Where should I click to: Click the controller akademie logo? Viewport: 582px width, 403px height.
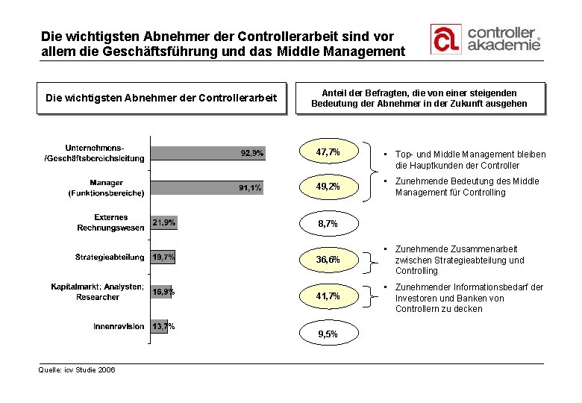tap(484, 39)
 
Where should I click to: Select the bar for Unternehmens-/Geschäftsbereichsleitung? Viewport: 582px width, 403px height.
tap(208, 152)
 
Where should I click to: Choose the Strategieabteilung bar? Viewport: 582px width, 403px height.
tap(163, 257)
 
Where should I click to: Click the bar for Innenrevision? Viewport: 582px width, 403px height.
tap(160, 326)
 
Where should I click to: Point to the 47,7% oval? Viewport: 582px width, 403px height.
tap(328, 152)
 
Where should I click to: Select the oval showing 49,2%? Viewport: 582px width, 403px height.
tap(328, 187)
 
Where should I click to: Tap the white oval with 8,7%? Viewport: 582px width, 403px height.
tap(328, 222)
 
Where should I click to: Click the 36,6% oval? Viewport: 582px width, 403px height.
tap(328, 260)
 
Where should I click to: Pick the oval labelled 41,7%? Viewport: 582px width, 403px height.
tap(328, 296)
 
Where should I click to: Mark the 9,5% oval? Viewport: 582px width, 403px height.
tap(328, 334)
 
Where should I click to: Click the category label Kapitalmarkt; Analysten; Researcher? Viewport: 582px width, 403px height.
tap(97, 292)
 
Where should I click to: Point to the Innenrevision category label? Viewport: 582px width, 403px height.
tap(119, 326)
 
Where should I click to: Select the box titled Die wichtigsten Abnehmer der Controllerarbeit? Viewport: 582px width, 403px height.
tap(161, 98)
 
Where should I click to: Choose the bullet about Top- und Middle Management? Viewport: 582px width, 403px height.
tap(470, 160)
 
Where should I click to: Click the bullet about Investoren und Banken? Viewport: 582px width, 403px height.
tap(470, 298)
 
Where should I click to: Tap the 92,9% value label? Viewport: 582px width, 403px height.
tap(251, 153)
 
